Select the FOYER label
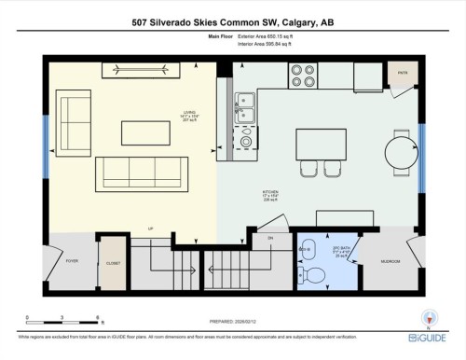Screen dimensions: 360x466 click(70, 262)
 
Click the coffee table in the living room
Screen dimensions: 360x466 click(145, 134)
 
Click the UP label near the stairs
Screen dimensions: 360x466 click(149, 228)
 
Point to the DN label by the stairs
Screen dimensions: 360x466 click(270, 239)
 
